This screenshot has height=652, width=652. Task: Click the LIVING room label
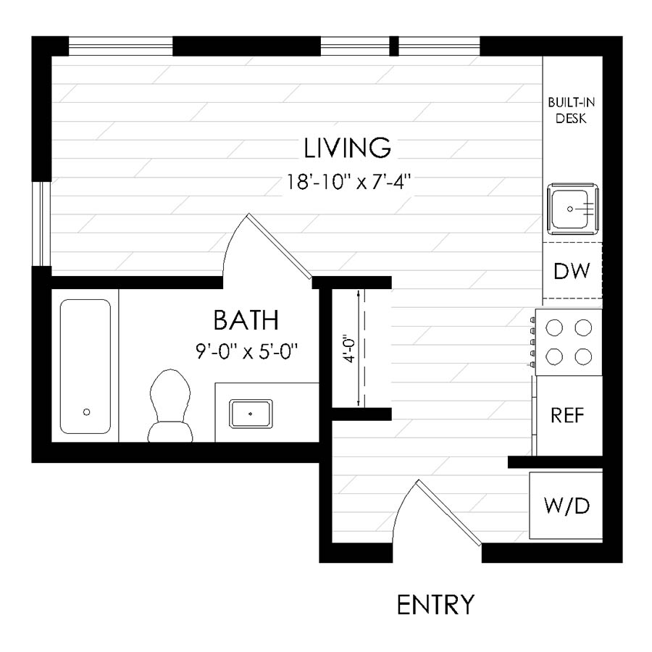[x=348, y=148]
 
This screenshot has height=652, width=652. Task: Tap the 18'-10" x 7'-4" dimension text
[x=348, y=181]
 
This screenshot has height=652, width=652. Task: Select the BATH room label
[x=246, y=319]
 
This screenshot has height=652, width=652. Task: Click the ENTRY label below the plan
[x=436, y=603]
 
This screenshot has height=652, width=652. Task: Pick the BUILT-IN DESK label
[x=571, y=111]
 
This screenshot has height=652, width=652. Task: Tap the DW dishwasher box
[x=572, y=271]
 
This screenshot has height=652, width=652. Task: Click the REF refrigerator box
[x=569, y=415]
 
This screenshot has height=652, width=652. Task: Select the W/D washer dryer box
[x=567, y=505]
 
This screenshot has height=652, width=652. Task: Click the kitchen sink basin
[x=572, y=208]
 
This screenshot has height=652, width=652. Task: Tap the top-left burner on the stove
[x=554, y=328]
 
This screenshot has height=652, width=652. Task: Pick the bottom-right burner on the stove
[x=583, y=356]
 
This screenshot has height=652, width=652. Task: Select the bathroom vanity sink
[x=251, y=414]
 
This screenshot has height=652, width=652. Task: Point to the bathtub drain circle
[x=87, y=411]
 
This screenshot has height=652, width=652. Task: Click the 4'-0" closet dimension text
[x=350, y=348]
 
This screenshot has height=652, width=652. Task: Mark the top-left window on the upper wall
[x=120, y=46]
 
